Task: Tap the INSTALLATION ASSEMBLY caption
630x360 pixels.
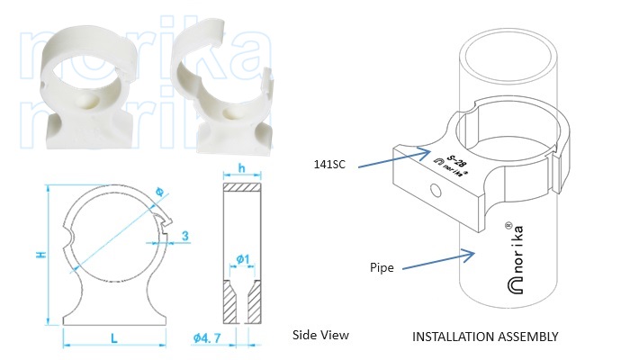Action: (x=485, y=337)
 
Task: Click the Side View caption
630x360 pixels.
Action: (x=320, y=336)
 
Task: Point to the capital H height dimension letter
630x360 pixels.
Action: (x=39, y=255)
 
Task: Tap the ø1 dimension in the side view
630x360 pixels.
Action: (x=241, y=261)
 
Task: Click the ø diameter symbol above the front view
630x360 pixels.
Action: (x=159, y=191)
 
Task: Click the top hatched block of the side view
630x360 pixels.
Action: (x=241, y=188)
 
